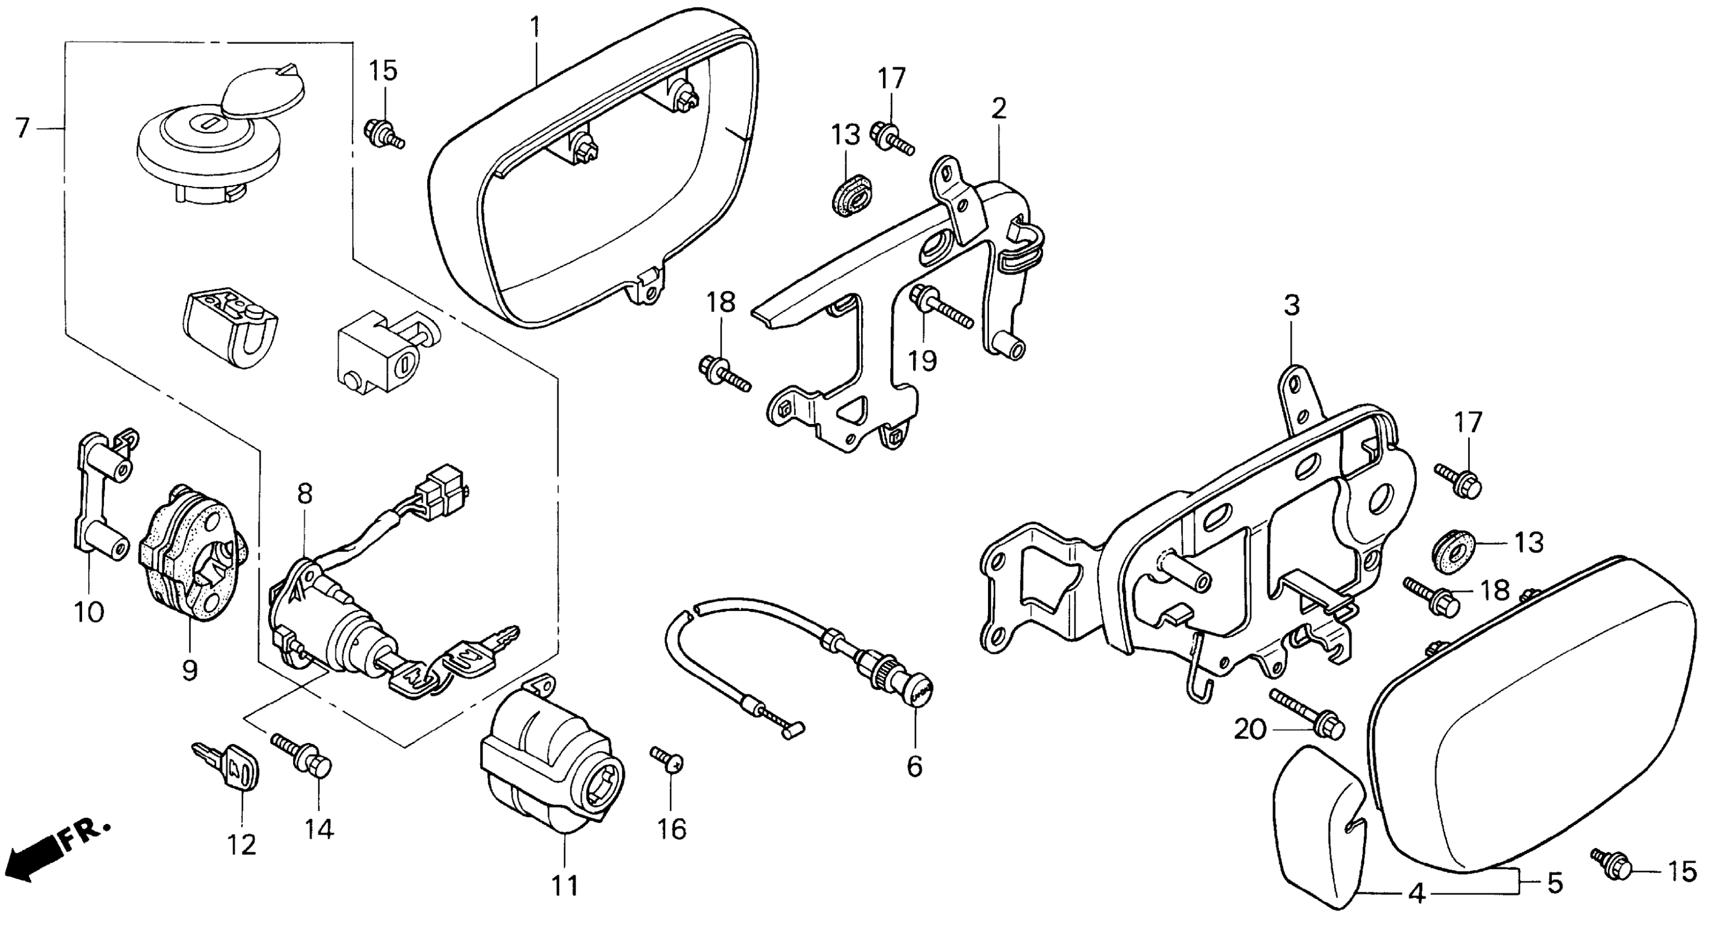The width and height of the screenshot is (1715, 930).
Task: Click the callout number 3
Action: [x=1291, y=306]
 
